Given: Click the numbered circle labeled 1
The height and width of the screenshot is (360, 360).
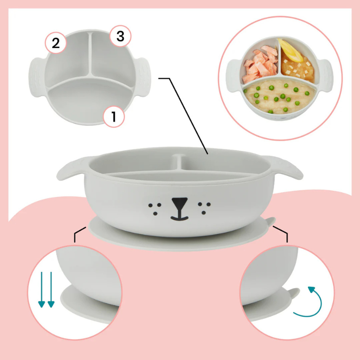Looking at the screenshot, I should [113, 117].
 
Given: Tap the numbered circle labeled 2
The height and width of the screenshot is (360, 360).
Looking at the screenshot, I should [55, 43].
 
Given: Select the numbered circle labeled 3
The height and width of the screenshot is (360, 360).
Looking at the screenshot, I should [120, 36].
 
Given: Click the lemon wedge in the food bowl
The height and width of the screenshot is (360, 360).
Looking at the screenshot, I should [290, 50].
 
